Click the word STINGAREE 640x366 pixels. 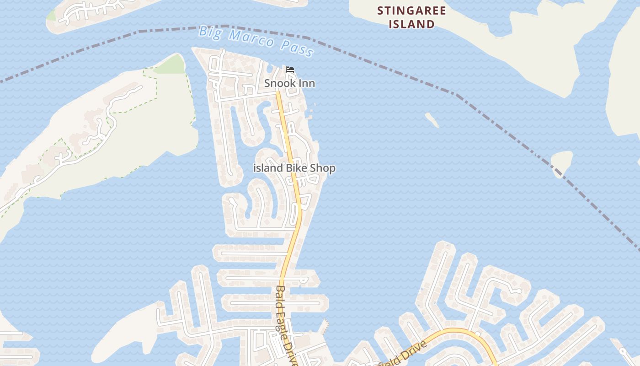411,11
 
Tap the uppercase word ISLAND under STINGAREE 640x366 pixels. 411,24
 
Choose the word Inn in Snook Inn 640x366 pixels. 306,84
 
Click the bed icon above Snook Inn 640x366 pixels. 289,70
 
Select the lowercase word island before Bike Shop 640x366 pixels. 268,168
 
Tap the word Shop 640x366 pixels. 323,168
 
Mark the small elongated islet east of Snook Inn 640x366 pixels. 432,120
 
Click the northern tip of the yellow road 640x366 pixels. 277,93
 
